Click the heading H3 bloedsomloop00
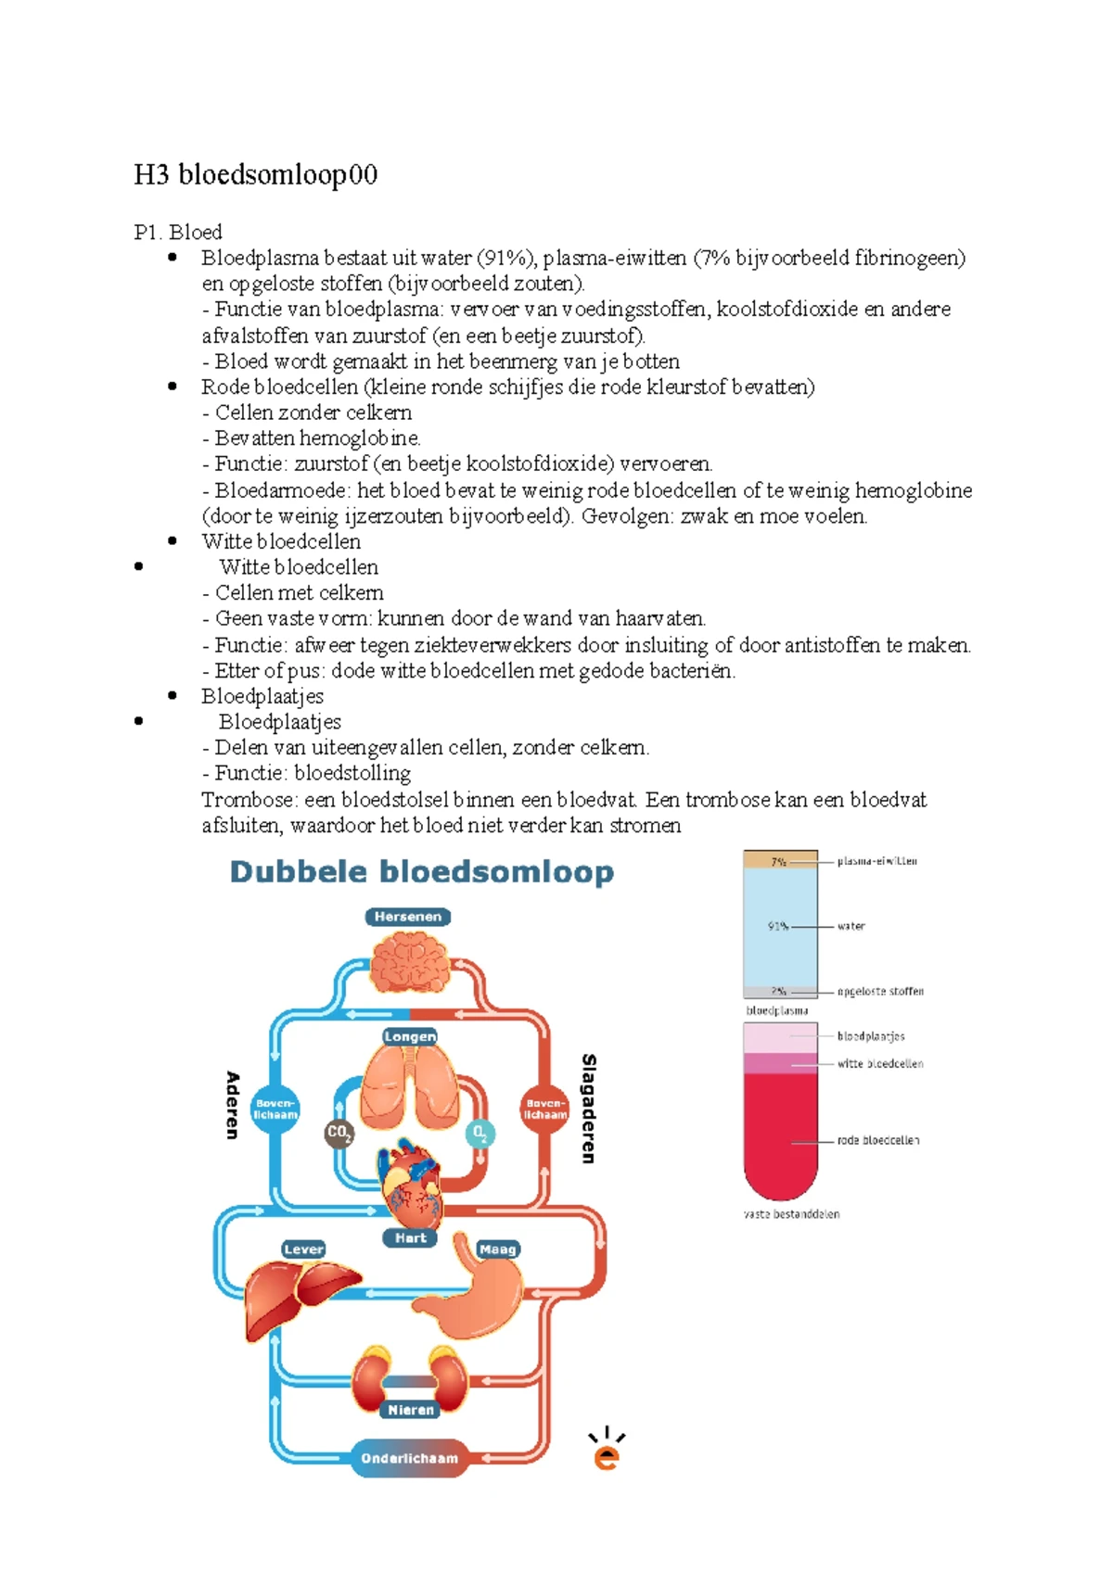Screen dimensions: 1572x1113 (255, 174)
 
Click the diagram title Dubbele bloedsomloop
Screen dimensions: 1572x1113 (421, 872)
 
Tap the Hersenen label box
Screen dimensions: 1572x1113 (408, 917)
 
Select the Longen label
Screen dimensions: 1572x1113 (410, 1036)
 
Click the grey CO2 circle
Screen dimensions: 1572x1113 (339, 1133)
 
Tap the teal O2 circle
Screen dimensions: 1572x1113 (480, 1133)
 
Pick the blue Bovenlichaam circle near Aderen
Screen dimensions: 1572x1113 (275, 1109)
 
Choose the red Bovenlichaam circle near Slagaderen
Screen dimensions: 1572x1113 (544, 1109)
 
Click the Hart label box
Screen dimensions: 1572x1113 (410, 1237)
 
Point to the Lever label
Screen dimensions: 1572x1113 (303, 1249)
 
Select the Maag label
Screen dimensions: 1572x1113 (497, 1249)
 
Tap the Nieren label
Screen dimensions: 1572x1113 (410, 1410)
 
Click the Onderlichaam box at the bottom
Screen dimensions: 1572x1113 (409, 1458)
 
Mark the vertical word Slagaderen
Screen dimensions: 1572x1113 (588, 1109)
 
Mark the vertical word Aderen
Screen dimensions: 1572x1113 (233, 1105)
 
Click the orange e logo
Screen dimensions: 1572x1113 (607, 1451)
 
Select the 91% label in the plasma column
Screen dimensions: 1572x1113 (777, 926)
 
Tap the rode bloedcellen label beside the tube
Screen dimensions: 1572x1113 (877, 1141)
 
